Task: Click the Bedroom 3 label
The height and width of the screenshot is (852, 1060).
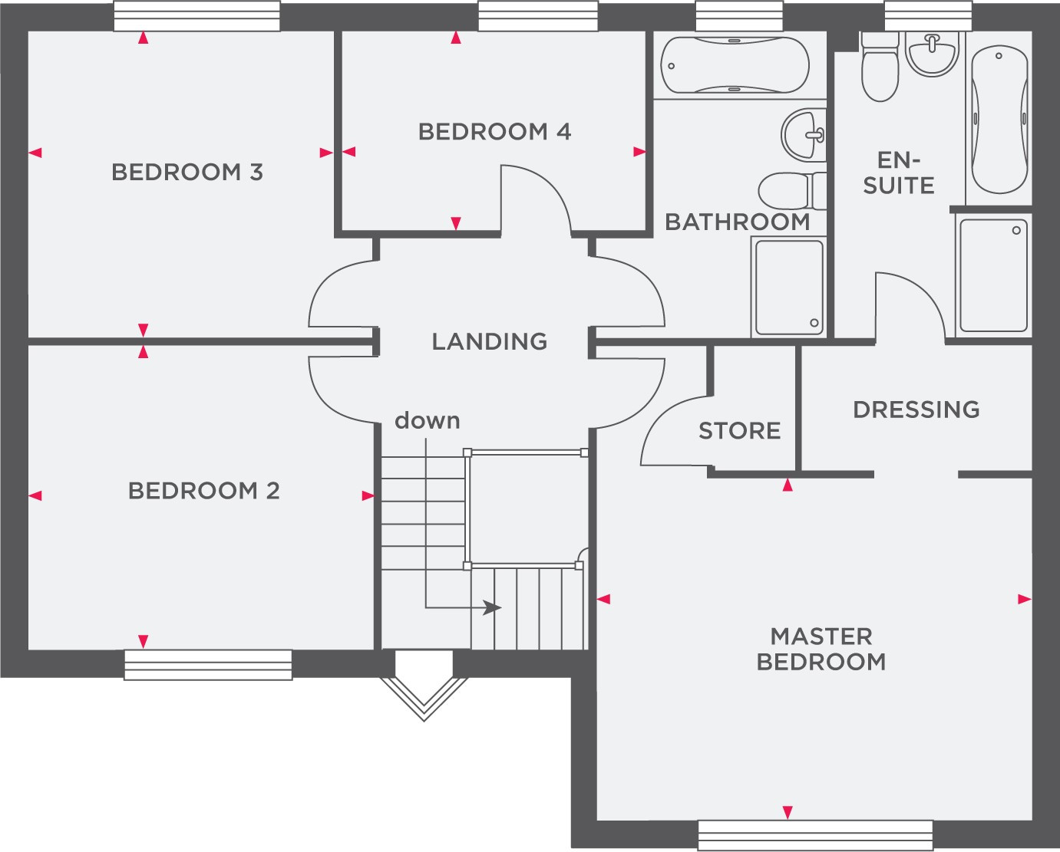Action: point(187,173)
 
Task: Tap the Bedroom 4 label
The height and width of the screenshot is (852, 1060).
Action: point(494,131)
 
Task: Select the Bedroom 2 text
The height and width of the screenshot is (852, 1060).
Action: point(204,491)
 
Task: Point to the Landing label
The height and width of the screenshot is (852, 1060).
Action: point(489,341)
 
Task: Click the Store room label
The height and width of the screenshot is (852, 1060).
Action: point(739,431)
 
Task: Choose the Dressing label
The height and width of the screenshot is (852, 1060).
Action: point(916,410)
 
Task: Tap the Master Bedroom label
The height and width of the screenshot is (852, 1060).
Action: point(821,649)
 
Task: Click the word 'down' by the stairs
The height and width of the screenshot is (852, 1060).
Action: point(427,421)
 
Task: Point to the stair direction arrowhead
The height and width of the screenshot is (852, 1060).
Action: point(491,608)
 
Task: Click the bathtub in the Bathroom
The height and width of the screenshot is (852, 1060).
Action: point(735,65)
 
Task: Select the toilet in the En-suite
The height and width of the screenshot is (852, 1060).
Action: point(880,67)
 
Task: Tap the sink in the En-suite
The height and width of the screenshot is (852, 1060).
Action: point(932,54)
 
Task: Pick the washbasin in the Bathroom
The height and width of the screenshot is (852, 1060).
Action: point(804,135)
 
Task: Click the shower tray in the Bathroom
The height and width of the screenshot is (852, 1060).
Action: point(789,288)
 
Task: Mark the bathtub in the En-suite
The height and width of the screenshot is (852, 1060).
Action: point(999,119)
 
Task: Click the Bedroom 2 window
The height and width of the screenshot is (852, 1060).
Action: point(208,665)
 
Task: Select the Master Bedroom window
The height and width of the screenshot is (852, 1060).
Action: point(816,835)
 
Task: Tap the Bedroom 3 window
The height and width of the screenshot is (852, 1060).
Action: point(197,16)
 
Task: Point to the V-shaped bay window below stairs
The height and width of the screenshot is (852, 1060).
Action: point(424,699)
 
